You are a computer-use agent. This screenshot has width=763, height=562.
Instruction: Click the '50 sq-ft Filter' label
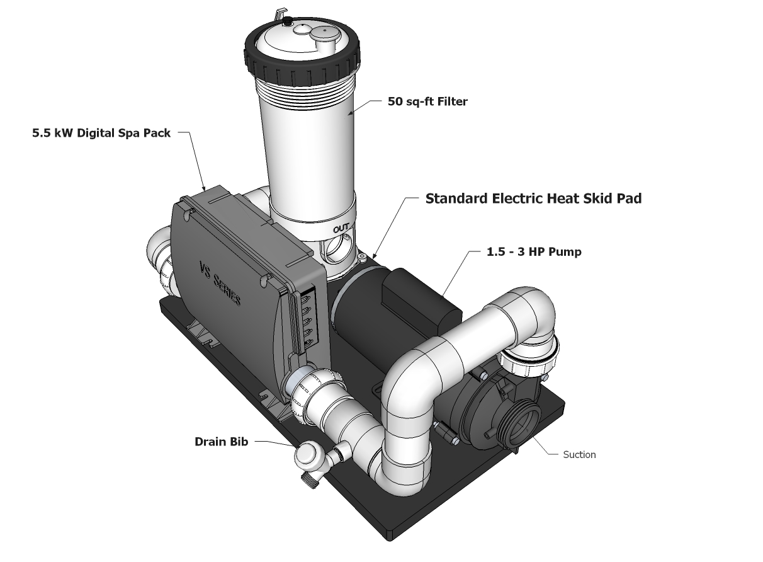click(427, 101)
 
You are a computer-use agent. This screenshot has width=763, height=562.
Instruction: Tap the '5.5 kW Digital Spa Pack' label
click(101, 134)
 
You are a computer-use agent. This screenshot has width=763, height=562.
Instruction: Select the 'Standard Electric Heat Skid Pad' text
click(534, 198)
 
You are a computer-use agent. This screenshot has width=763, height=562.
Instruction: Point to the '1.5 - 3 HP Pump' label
click(534, 251)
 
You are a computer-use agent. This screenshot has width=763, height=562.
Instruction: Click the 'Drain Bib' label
click(221, 442)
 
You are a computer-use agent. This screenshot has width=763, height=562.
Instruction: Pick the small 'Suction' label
click(579, 454)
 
